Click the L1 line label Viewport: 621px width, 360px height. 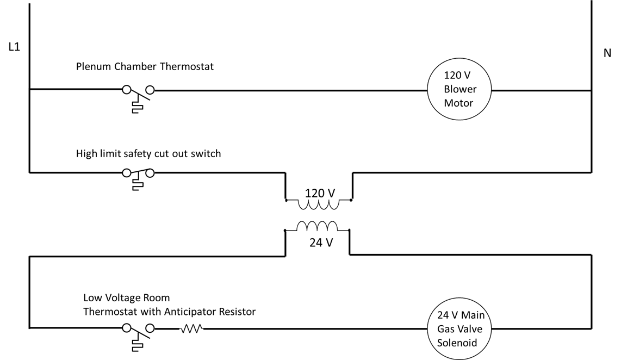pos(14,47)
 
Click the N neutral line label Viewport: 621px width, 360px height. pos(607,53)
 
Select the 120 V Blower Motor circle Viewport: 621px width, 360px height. pos(459,89)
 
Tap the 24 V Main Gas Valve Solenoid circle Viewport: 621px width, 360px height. pos(461,328)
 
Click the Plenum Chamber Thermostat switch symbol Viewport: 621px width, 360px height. pos(138,95)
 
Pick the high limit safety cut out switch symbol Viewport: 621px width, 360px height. pos(138,176)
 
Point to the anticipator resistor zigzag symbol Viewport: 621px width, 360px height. pos(192,328)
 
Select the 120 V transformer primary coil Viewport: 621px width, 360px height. pos(319,204)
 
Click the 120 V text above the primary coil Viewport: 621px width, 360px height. pos(320,193)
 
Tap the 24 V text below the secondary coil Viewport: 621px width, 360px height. pos(321,243)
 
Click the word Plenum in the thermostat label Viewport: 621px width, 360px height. pos(94,67)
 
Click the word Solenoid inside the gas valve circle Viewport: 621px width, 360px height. pos(457,343)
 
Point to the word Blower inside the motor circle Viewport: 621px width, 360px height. pos(460,89)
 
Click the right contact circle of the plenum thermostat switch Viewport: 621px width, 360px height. pos(150,90)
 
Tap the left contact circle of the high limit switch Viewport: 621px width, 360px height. pos(127,173)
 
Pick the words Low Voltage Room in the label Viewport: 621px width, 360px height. pos(126,298)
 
